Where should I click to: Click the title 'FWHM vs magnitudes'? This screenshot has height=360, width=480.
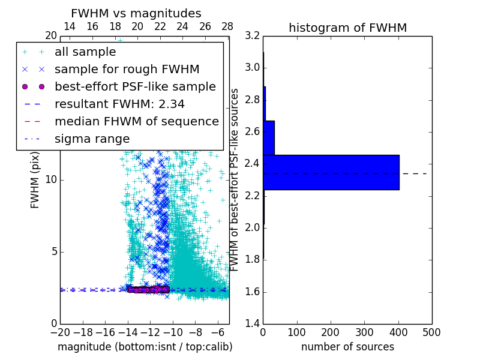point(136,13)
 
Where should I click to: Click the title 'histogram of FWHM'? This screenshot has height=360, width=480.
point(347,28)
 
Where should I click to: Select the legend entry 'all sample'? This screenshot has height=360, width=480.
point(85,52)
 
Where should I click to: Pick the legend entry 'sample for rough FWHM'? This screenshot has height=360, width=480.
point(127,70)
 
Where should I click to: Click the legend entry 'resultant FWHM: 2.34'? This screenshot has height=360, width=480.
point(119,104)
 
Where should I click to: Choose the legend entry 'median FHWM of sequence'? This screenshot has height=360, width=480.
point(136,122)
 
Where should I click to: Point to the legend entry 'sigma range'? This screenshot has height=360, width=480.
point(92,139)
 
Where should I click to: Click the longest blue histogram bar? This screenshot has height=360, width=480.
point(331,172)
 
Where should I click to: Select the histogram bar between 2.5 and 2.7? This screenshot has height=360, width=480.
point(269,137)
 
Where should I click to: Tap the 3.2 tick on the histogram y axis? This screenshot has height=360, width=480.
point(253,35)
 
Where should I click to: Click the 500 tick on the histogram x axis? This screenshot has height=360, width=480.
point(431,332)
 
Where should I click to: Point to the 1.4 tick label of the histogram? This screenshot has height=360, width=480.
point(253,323)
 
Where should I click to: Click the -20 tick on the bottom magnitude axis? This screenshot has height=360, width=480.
point(60,332)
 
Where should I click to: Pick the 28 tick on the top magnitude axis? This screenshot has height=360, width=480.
point(227,26)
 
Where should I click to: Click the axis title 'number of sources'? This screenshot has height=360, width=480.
point(347,347)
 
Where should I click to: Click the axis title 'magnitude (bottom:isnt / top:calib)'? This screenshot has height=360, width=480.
point(145,347)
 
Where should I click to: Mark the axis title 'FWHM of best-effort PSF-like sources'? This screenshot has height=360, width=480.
point(235,179)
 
